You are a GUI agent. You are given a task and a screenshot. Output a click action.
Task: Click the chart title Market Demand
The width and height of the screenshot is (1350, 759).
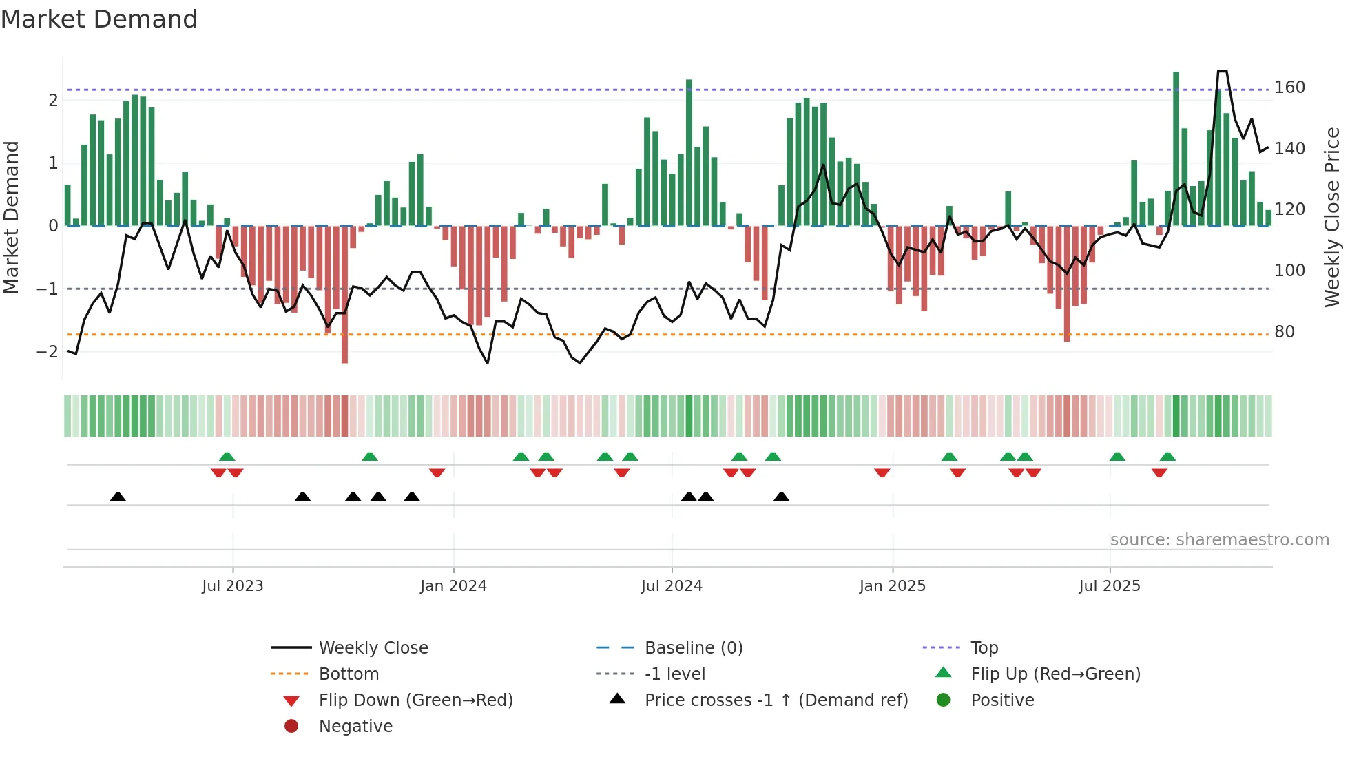point(99,19)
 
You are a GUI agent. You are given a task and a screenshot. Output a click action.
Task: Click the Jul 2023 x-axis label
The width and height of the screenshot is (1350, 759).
point(232,586)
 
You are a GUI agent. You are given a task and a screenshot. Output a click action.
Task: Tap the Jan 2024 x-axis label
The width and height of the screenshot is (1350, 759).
point(453,586)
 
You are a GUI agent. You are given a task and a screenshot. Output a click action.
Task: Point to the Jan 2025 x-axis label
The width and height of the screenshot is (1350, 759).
point(892,586)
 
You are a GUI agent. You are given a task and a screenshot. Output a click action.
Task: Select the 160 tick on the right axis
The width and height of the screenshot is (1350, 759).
point(1289,87)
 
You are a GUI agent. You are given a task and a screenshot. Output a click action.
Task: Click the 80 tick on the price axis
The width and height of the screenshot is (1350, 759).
point(1284,332)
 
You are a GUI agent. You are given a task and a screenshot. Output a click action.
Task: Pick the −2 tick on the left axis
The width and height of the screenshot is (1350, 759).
point(47,352)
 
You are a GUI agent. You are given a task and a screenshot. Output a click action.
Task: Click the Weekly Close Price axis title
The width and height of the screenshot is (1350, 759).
point(1332,217)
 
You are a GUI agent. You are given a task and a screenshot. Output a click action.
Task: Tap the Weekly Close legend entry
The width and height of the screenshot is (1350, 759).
point(373,648)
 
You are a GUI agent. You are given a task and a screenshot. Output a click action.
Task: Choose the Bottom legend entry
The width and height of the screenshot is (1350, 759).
point(349,674)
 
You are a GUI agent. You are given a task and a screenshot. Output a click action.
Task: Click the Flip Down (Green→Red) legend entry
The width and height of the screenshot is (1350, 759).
point(415,700)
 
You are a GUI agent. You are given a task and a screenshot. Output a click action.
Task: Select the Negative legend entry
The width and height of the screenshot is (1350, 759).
point(355,727)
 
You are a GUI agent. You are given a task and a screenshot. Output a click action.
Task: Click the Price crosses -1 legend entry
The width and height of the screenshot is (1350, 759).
point(776,700)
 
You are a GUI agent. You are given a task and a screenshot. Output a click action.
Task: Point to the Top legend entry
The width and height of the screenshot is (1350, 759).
point(984,648)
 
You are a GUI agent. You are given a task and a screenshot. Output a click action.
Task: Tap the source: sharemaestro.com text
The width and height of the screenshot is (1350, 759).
point(1219,540)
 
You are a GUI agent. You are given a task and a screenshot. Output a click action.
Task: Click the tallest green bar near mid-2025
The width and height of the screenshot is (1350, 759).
point(1176,148)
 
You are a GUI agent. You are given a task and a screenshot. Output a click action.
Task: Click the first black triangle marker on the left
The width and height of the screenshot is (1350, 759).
point(118,497)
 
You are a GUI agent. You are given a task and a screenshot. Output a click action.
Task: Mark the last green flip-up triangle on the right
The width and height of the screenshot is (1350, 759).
point(1167,457)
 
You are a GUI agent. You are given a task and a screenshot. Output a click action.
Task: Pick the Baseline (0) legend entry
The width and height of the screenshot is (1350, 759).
point(693,648)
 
